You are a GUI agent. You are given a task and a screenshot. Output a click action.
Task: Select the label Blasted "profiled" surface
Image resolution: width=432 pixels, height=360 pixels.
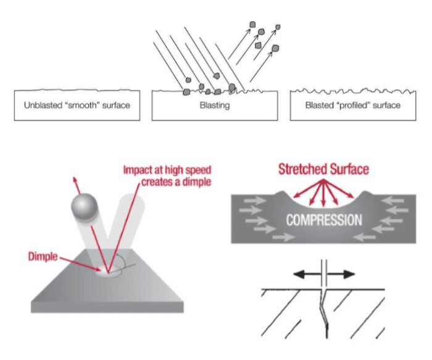(x=353, y=106)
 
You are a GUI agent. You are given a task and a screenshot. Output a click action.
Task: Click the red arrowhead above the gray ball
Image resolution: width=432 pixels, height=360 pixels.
(x=76, y=177)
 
